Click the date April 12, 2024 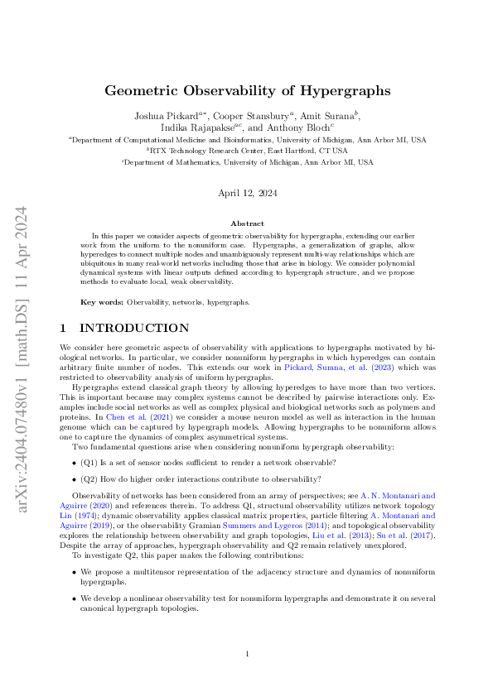coord(247,193)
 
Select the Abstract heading coord(247,224)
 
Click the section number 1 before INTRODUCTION coord(65,329)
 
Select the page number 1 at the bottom coord(247,654)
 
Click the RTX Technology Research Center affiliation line coord(247,151)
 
